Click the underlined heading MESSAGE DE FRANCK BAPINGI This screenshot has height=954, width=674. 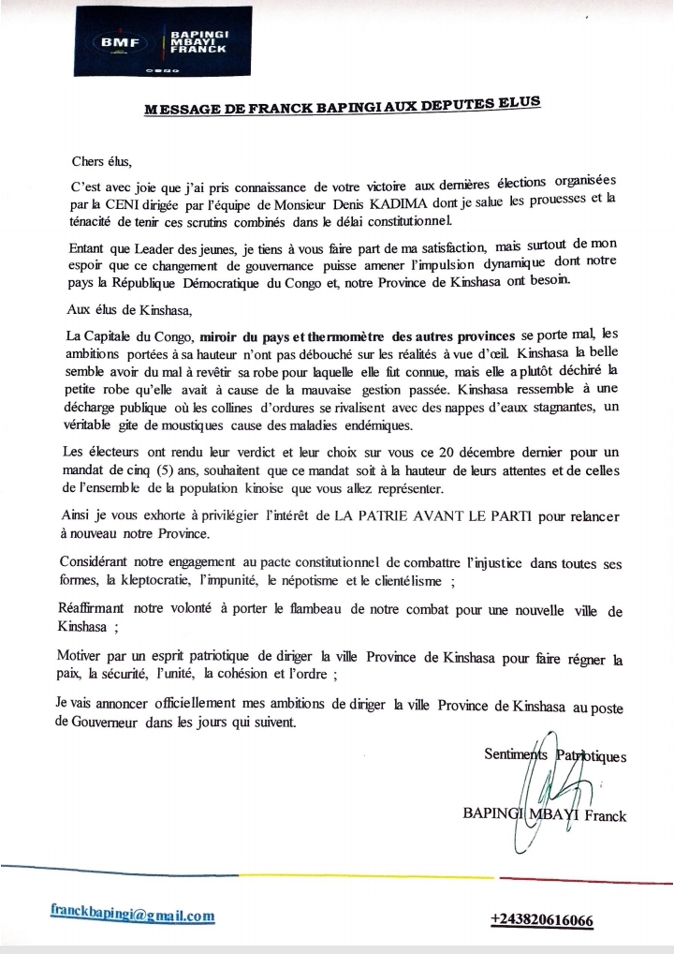point(343,108)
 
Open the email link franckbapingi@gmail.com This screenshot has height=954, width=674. point(133,915)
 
